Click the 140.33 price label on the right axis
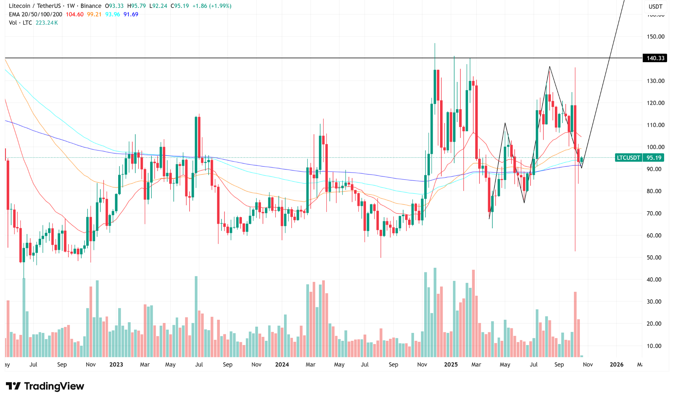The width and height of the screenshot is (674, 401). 655,58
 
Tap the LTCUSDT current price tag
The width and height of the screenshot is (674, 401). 639,158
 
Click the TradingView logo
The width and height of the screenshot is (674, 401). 45,386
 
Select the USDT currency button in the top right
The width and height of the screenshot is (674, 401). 655,6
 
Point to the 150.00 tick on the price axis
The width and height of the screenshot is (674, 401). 655,37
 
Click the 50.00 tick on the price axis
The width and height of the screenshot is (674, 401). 654,258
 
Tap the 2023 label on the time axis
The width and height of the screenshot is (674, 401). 116,364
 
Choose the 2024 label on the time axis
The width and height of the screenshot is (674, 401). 282,364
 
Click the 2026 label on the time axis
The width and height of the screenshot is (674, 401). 616,364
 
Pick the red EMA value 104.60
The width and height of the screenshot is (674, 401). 75,14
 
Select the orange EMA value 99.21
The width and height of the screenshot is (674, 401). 94,14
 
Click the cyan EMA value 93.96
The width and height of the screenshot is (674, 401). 113,14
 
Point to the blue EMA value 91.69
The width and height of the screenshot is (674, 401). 131,14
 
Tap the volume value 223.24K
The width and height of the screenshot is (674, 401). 47,23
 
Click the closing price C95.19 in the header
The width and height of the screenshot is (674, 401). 180,6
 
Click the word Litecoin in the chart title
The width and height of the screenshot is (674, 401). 19,6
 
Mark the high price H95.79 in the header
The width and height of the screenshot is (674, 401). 137,6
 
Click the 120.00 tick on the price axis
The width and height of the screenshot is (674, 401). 655,103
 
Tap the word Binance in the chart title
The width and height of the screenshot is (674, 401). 91,6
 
